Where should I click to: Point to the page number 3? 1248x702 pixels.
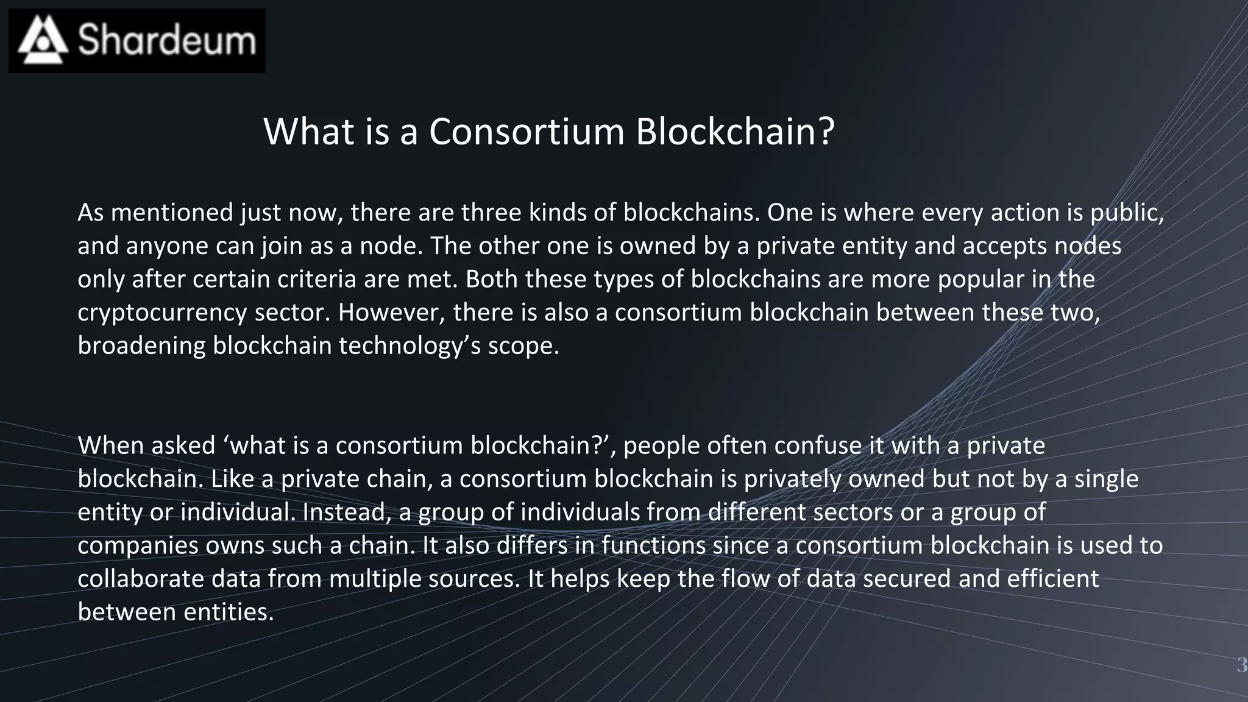tap(1241, 665)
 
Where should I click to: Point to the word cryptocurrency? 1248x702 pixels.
tap(162, 313)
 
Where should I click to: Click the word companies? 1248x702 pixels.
tap(138, 545)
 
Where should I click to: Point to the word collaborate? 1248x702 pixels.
tap(141, 579)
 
